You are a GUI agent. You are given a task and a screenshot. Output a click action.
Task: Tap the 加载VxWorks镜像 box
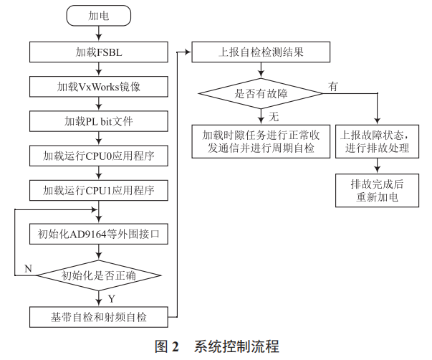point(99,87)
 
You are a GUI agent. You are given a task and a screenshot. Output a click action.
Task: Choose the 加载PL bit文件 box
point(99,121)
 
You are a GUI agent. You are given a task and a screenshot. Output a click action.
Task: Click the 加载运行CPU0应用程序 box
point(99,156)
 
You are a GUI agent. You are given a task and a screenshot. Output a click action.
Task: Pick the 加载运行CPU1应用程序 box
point(99,191)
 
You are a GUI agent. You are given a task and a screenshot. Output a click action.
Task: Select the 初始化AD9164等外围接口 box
point(99,234)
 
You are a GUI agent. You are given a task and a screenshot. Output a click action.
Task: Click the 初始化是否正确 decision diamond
point(99,275)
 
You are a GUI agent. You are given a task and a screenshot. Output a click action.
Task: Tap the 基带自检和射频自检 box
point(99,316)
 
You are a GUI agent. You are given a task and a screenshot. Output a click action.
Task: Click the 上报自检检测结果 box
point(260,52)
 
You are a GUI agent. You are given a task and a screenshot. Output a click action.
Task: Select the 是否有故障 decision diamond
point(260,92)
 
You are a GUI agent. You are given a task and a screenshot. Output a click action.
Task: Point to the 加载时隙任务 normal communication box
point(260,141)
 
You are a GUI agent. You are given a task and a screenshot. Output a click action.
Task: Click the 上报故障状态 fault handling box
point(377,141)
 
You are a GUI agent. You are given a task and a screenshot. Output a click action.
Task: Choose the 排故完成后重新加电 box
point(377,190)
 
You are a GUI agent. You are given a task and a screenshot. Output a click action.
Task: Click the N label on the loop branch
point(28,268)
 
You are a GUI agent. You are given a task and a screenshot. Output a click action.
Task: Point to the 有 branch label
point(332,85)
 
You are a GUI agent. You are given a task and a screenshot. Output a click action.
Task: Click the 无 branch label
point(274,116)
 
